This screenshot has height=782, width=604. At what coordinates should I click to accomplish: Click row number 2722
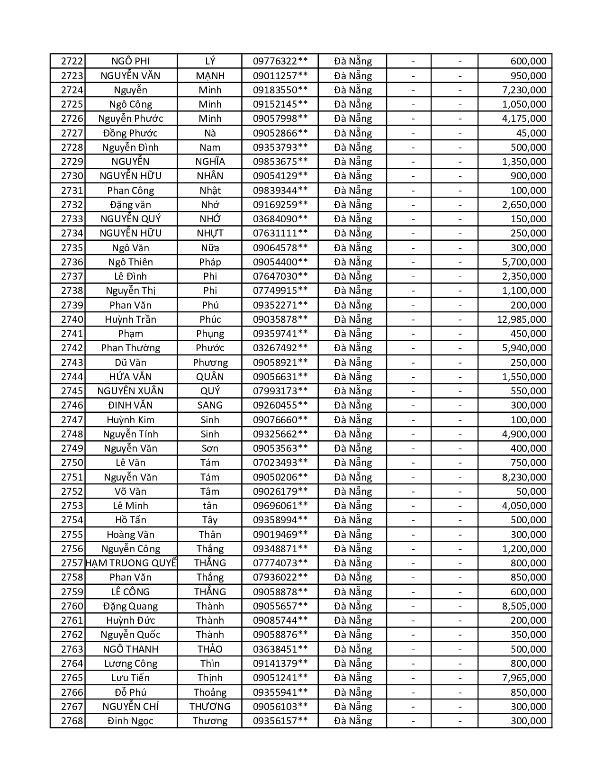tap(72, 61)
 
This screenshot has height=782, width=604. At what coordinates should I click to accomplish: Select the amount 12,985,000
tap(521, 319)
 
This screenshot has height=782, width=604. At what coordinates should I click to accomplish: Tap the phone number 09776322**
tap(280, 61)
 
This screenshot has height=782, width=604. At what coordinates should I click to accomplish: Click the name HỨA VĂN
tap(130, 377)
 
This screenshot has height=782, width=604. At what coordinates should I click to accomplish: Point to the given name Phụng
tap(210, 334)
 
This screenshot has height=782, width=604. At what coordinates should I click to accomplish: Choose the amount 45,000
tap(531, 133)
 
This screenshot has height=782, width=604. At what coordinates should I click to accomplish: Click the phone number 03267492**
tap(280, 348)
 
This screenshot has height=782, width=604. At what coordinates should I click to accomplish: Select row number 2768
tap(72, 721)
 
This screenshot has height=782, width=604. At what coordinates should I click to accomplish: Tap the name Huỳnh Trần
tap(130, 319)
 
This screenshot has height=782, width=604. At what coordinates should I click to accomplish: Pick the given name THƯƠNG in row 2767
tap(210, 707)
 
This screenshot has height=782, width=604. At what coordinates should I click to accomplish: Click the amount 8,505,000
tap(524, 606)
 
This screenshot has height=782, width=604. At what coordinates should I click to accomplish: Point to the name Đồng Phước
tap(130, 133)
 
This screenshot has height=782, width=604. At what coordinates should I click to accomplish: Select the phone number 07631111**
tap(280, 233)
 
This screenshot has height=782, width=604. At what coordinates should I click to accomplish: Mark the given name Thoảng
tap(210, 692)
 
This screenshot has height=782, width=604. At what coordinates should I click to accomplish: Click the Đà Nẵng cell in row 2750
tap(352, 463)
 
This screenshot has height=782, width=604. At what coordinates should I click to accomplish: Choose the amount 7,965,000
tap(524, 678)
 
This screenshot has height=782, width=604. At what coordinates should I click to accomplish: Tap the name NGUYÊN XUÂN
tap(130, 391)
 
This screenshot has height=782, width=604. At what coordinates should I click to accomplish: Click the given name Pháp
tap(210, 262)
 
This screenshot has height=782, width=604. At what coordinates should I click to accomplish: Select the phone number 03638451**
tap(280, 649)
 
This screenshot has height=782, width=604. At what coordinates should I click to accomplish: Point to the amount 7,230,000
tap(524, 90)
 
